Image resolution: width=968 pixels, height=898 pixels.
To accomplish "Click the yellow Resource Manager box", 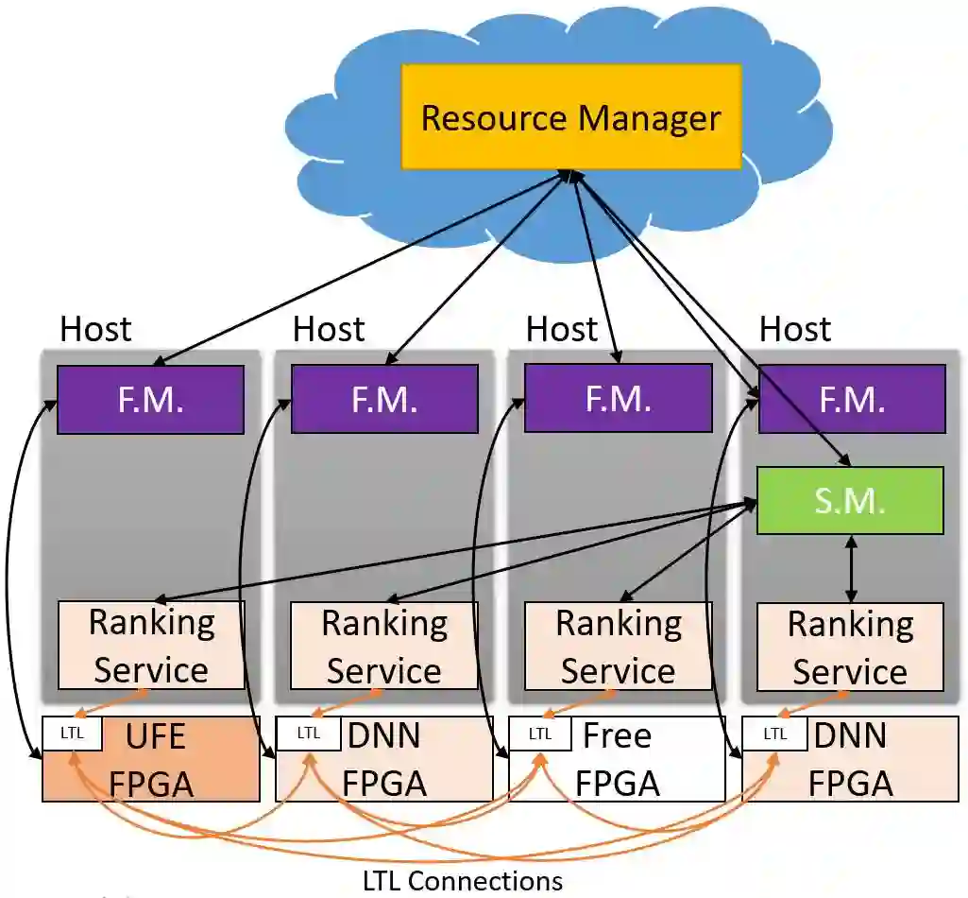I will (570, 117).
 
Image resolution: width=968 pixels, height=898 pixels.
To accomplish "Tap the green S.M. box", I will (850, 500).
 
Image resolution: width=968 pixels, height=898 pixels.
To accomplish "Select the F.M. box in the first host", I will (151, 399).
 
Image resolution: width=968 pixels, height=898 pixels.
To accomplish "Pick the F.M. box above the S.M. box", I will (852, 399).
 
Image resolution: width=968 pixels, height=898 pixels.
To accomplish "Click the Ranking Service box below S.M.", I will (850, 647).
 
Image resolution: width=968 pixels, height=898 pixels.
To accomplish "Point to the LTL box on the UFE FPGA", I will (72, 733).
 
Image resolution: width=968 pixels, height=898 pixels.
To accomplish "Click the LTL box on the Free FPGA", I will (540, 734).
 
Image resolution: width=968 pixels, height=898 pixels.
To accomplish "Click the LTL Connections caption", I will (463, 881).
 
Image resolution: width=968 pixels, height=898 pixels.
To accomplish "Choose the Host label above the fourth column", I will (795, 329).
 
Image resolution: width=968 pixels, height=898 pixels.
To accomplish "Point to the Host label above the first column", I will (95, 329).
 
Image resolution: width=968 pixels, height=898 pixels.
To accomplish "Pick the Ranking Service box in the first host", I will (151, 646).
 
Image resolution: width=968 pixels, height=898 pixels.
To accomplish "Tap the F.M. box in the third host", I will (618, 399).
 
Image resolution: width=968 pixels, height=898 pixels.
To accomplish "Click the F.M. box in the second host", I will (384, 399).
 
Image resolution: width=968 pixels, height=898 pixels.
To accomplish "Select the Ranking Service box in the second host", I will (384, 646).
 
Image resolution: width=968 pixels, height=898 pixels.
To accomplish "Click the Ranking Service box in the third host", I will (618, 647).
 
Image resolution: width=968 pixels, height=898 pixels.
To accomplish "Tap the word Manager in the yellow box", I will (650, 118).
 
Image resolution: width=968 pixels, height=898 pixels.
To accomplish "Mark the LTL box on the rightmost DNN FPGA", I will (774, 734).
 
